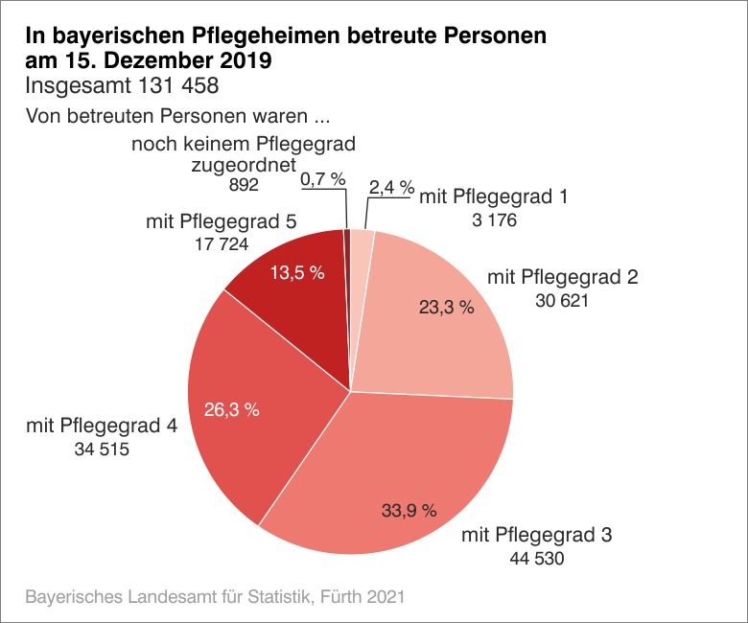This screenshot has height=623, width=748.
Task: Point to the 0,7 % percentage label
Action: point(322,178)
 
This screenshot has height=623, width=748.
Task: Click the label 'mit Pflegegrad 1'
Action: point(495,197)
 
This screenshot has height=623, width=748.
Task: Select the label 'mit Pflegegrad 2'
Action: point(563,278)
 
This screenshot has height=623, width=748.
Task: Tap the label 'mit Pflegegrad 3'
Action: point(537,534)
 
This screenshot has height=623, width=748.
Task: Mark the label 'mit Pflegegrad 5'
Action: point(221,221)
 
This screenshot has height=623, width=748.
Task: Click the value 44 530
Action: point(537,558)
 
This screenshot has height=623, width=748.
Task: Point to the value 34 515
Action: point(102,450)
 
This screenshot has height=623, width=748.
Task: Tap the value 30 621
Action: point(563,301)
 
